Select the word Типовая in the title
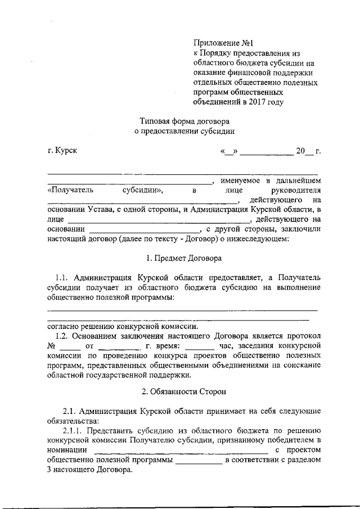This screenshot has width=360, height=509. [156, 121]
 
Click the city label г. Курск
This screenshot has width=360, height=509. [62, 151]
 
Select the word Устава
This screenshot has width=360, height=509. [102, 210]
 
